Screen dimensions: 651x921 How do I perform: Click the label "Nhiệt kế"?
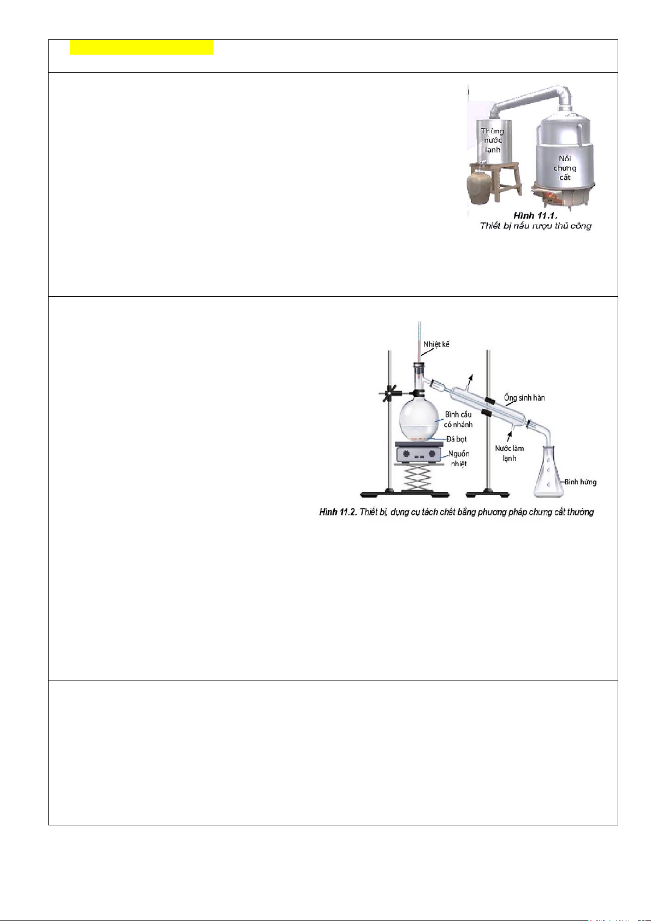pyautogui.click(x=436, y=344)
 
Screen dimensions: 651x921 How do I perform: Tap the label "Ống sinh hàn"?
pyautogui.click(x=524, y=397)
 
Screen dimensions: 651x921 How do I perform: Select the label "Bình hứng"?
pyautogui.click(x=581, y=482)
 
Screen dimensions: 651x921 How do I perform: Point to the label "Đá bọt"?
pyautogui.click(x=457, y=439)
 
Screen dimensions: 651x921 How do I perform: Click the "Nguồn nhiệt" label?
pyautogui.click(x=459, y=459)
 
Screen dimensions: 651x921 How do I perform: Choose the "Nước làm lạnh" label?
pyautogui.click(x=510, y=453)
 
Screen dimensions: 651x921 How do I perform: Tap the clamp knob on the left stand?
pyautogui.click(x=388, y=394)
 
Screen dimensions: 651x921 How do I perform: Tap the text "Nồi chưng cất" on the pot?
pyautogui.click(x=565, y=168)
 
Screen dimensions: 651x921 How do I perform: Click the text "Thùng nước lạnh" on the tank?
pyautogui.click(x=493, y=140)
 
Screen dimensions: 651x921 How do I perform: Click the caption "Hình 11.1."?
pyautogui.click(x=536, y=215)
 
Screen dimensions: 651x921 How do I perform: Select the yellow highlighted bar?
pyautogui.click(x=141, y=48)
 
